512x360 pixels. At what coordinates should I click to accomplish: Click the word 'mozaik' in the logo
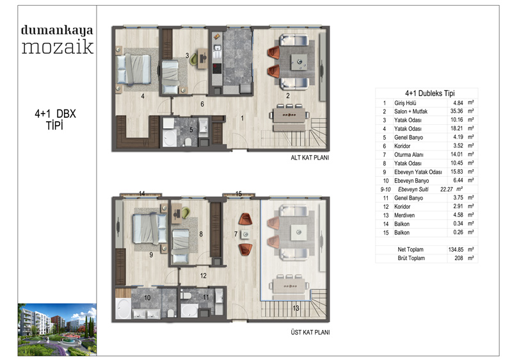tap(58, 47)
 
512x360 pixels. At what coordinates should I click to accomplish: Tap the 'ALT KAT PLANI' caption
tap(310, 158)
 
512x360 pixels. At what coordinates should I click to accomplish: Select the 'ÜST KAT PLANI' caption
tap(310, 332)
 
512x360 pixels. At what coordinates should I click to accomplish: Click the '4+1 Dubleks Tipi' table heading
tap(429, 94)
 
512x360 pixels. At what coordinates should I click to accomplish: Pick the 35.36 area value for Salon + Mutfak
tap(456, 111)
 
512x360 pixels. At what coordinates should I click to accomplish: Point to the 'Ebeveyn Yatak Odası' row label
tap(418, 172)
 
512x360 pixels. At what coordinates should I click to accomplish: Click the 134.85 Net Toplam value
tap(456, 249)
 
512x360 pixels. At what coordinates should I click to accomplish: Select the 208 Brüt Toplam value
tap(458, 258)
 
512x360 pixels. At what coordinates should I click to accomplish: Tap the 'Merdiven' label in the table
tap(404, 215)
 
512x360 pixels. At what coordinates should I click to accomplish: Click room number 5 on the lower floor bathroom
tap(191, 129)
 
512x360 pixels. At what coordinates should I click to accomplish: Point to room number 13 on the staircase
tap(296, 308)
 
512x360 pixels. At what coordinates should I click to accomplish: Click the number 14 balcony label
tap(141, 193)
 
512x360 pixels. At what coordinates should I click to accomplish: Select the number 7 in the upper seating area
tap(236, 234)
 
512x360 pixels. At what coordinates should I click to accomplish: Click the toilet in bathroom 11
tap(186, 296)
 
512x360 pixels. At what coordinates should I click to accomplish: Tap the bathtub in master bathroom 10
tap(123, 308)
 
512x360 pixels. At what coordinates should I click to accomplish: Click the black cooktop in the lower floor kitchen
tap(217, 69)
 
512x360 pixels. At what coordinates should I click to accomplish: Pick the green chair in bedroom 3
tap(194, 58)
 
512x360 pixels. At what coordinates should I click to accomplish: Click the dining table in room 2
tap(289, 115)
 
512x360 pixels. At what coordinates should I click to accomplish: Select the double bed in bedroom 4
tap(134, 69)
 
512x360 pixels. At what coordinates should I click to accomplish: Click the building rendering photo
tap(57, 329)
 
